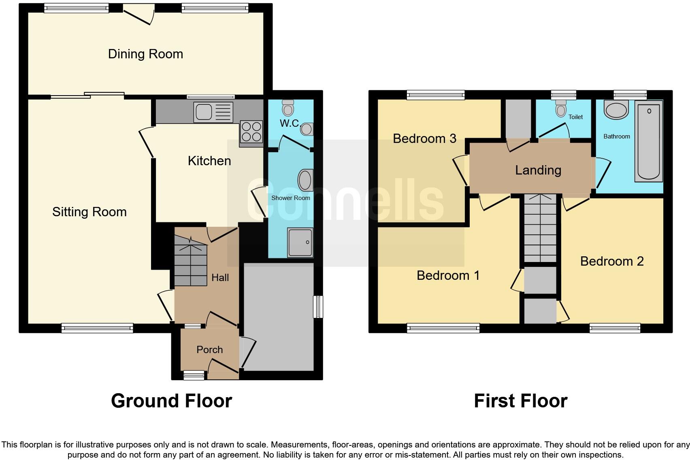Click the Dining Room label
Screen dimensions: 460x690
click(x=145, y=54)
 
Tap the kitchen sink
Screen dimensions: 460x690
click(x=213, y=112)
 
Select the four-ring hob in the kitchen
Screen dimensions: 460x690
click(x=251, y=132)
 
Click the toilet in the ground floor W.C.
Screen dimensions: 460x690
click(x=288, y=108)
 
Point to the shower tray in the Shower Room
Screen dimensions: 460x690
click(x=300, y=243)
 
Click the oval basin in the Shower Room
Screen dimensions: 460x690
click(x=305, y=180)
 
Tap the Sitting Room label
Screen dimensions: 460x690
click(x=89, y=212)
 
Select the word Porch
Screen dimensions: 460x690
click(x=209, y=349)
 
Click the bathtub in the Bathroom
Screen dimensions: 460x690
click(x=649, y=141)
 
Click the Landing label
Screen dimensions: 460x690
click(x=538, y=170)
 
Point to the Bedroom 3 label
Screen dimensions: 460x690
click(x=424, y=138)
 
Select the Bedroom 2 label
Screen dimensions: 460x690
click(x=611, y=261)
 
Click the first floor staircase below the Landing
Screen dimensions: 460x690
click(x=540, y=229)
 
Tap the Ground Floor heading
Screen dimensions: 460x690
click(x=171, y=401)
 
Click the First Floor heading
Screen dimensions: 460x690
click(x=520, y=401)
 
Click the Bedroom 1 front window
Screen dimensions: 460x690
click(x=443, y=328)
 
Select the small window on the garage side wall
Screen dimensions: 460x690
click(x=318, y=307)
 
